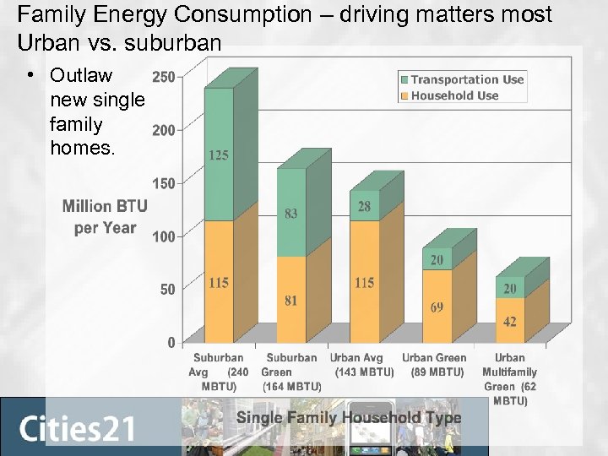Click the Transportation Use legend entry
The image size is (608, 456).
(x=467, y=79)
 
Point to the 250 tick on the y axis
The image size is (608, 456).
(x=163, y=76)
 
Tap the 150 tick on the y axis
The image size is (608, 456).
(x=163, y=183)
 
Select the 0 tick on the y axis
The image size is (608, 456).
(x=171, y=342)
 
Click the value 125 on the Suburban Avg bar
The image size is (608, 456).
(x=219, y=155)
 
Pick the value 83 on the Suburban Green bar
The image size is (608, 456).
(x=290, y=214)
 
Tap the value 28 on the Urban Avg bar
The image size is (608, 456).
(x=364, y=207)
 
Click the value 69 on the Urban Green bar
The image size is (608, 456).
(x=437, y=307)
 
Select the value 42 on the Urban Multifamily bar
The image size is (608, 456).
(x=509, y=322)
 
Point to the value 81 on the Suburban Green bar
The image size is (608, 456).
(x=290, y=301)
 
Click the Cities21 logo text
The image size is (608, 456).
(x=77, y=428)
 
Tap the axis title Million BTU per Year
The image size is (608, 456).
(x=105, y=217)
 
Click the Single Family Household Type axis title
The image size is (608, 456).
(x=349, y=417)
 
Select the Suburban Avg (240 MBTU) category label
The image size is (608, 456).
(x=218, y=372)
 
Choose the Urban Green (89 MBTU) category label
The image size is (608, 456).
(x=436, y=365)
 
